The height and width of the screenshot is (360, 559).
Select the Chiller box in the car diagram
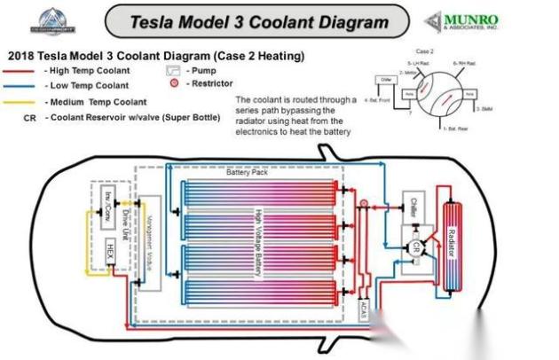pos(414,206)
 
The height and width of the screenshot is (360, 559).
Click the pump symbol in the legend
pos(173,70)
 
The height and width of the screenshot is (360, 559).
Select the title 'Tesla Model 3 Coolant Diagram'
pos(259,20)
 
